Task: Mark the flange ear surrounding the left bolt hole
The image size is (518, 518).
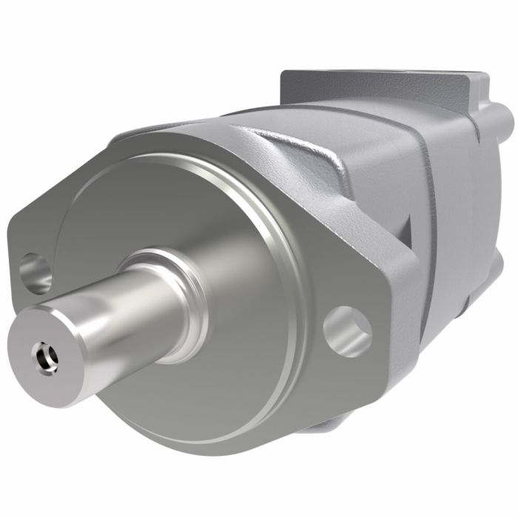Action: coord(30,237)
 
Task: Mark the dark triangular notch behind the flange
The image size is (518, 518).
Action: coord(407,229)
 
